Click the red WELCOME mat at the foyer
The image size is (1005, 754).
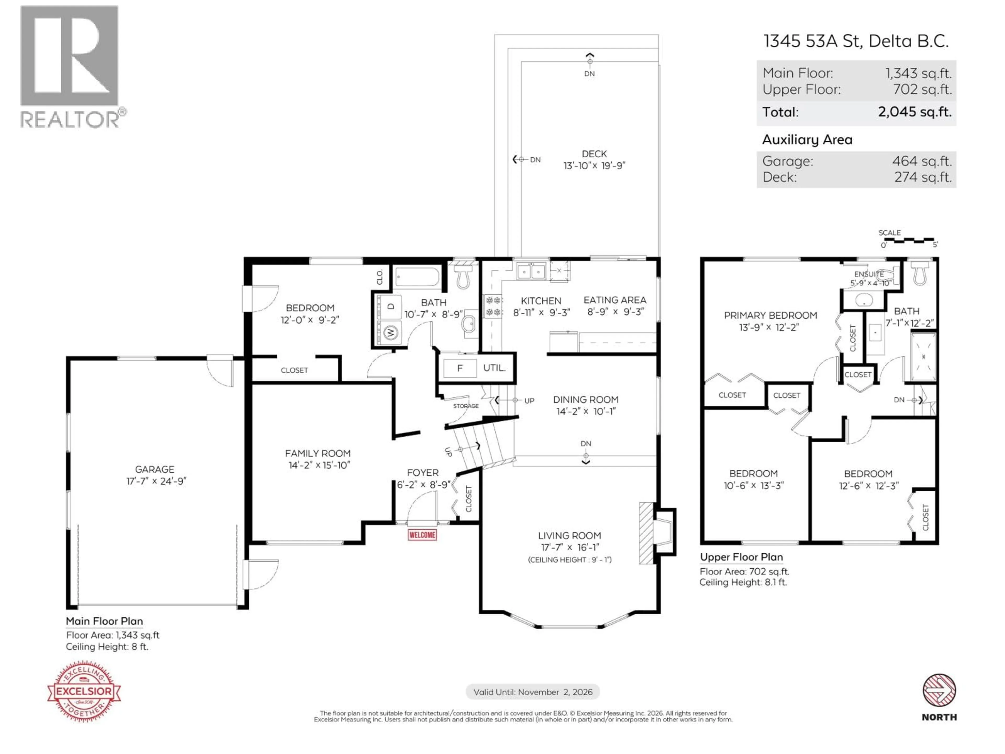(422, 535)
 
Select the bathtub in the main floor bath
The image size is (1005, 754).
(417, 277)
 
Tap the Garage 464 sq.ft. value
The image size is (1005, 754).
(922, 161)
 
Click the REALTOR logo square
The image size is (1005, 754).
(69, 56)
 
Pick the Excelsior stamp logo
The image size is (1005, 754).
(84, 691)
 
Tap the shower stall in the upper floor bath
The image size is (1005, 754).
(923, 357)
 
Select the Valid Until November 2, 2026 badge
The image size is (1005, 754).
(533, 692)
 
